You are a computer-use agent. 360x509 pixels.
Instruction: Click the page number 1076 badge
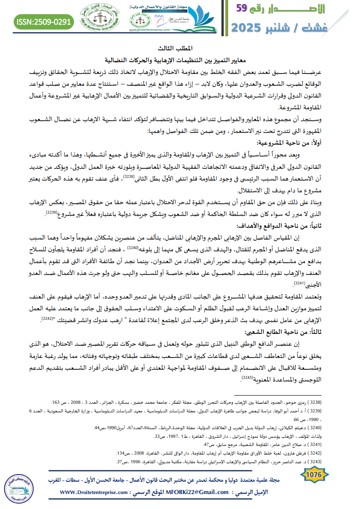(314, 475)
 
